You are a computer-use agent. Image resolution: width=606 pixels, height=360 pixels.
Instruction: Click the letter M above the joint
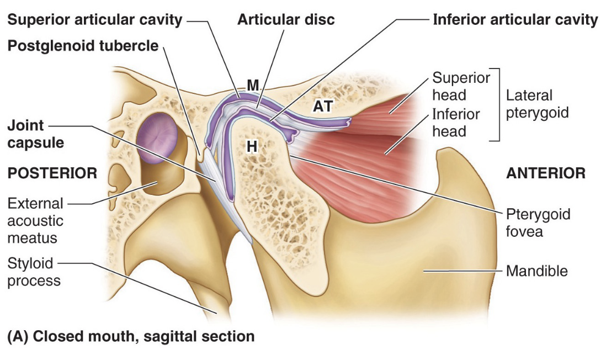pyautogui.click(x=253, y=86)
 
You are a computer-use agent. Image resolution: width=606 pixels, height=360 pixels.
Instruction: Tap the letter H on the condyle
pyautogui.click(x=252, y=146)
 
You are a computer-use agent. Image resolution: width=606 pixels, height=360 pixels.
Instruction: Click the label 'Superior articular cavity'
pyautogui.click(x=94, y=20)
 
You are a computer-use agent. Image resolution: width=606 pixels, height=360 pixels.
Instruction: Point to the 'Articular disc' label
pyautogui.click(x=286, y=20)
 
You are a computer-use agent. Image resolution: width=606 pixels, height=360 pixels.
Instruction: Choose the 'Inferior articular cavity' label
pyautogui.click(x=515, y=20)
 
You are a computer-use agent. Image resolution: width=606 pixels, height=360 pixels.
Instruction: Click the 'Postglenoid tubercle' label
pyautogui.click(x=83, y=46)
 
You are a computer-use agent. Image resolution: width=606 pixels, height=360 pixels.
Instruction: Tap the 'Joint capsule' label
pyautogui.click(x=35, y=134)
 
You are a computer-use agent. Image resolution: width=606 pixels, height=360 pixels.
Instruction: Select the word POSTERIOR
pyautogui.click(x=52, y=173)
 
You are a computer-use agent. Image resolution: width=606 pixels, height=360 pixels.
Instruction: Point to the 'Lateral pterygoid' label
pyautogui.click(x=536, y=104)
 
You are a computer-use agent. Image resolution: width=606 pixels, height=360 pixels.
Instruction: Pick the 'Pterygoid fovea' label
pyautogui.click(x=538, y=222)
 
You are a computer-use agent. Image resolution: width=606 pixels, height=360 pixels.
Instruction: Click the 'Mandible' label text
pyautogui.click(x=536, y=271)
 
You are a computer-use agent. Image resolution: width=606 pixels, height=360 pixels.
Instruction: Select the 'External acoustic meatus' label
pyautogui.click(x=35, y=221)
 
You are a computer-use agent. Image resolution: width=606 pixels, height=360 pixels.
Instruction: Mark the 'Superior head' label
pyautogui.click(x=461, y=86)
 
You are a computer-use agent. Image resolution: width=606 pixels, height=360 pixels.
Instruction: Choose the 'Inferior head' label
pyautogui.click(x=456, y=123)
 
